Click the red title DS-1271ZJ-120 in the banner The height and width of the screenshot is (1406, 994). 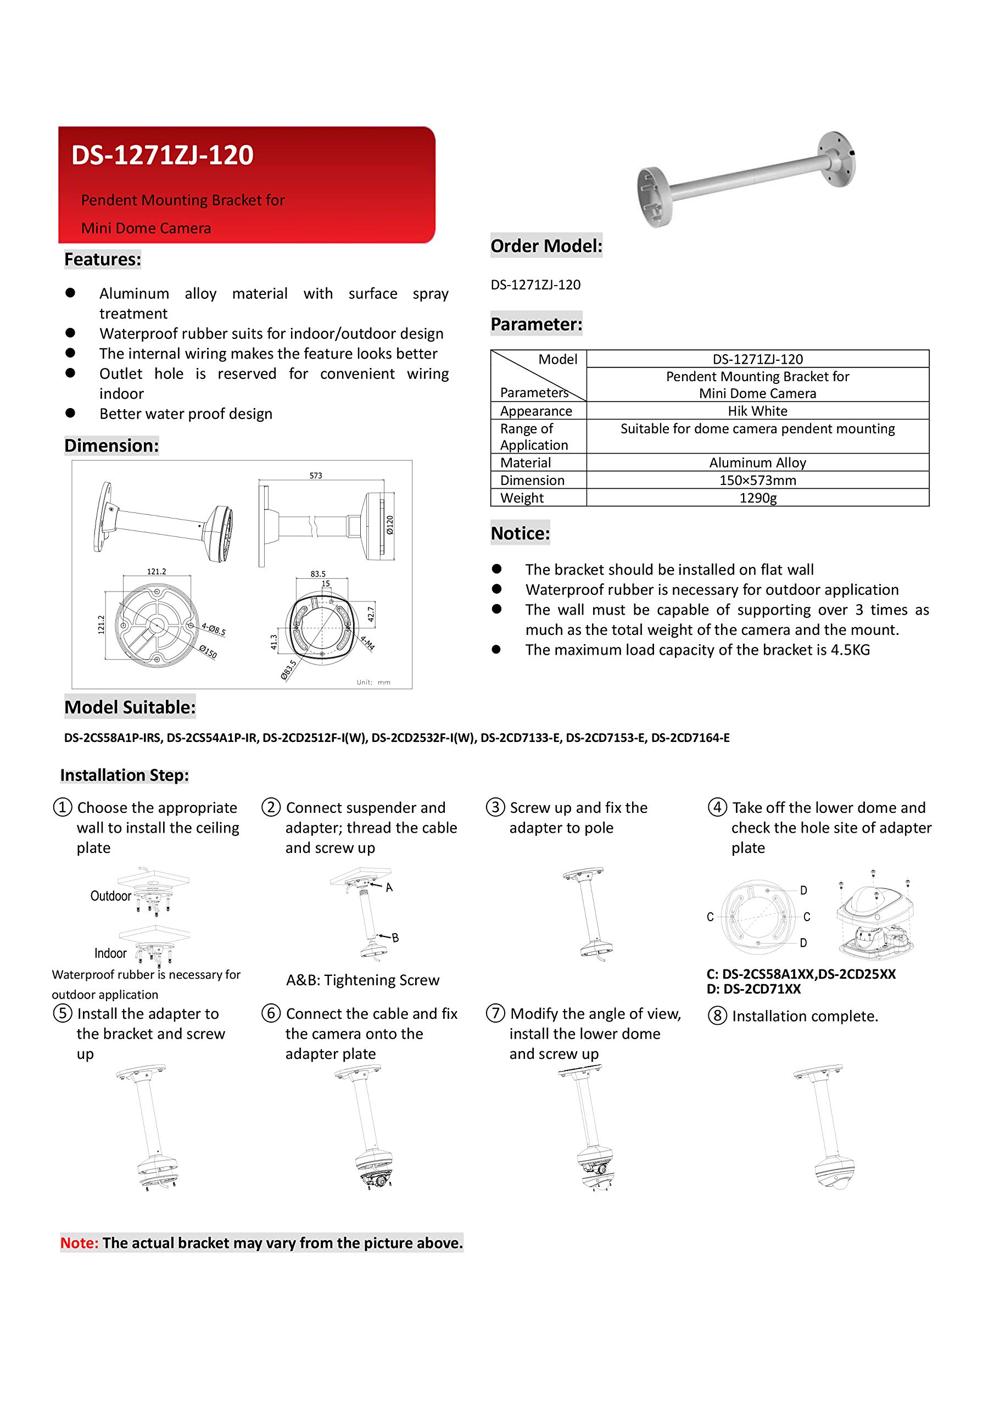pyautogui.click(x=163, y=155)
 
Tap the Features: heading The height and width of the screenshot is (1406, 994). pyautogui.click(x=102, y=260)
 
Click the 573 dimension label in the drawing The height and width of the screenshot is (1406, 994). pyautogui.click(x=315, y=475)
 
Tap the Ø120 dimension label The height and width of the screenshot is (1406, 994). pyautogui.click(x=390, y=525)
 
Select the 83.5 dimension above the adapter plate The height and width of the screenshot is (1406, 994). pyautogui.click(x=318, y=574)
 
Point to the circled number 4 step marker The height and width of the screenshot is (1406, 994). pyautogui.click(x=717, y=807)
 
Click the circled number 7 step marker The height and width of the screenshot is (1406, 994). pyautogui.click(x=495, y=1013)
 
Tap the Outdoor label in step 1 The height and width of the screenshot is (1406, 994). pyautogui.click(x=110, y=896)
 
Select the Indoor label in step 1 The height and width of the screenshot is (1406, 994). pyautogui.click(x=110, y=953)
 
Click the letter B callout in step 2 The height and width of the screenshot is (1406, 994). pyautogui.click(x=395, y=938)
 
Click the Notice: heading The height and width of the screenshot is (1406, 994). pyautogui.click(x=520, y=533)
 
